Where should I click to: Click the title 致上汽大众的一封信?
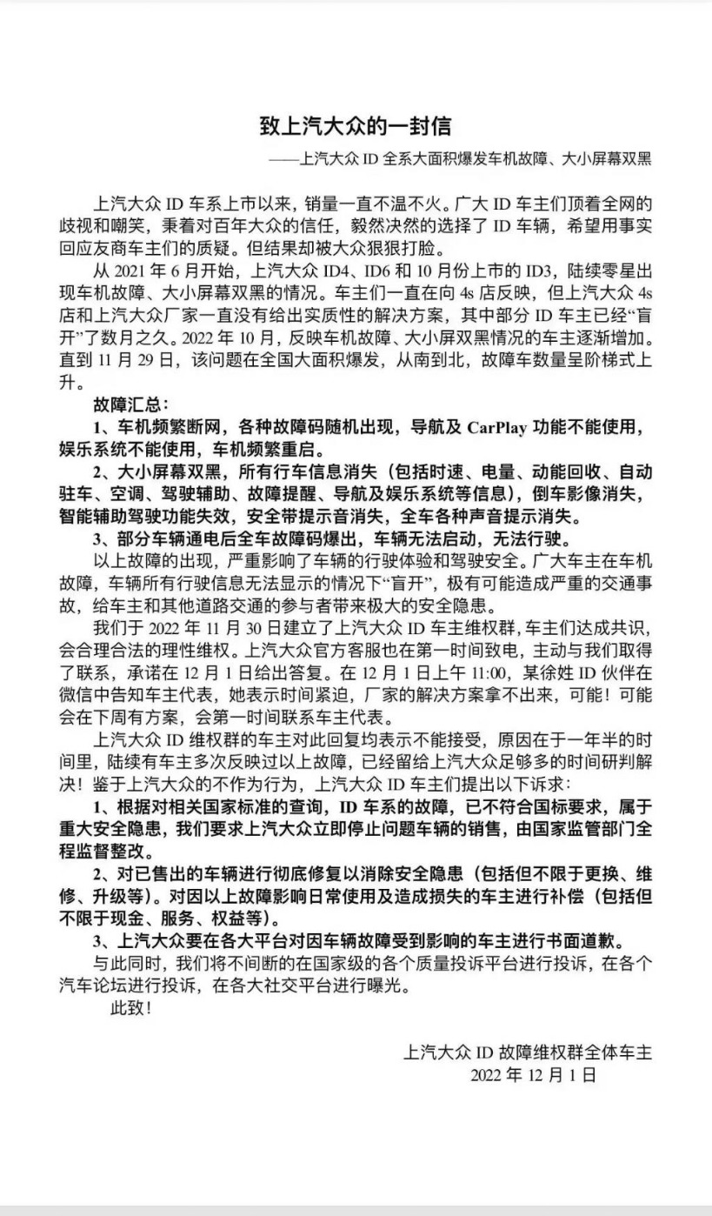pos(356,126)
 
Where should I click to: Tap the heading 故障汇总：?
pos(131,404)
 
